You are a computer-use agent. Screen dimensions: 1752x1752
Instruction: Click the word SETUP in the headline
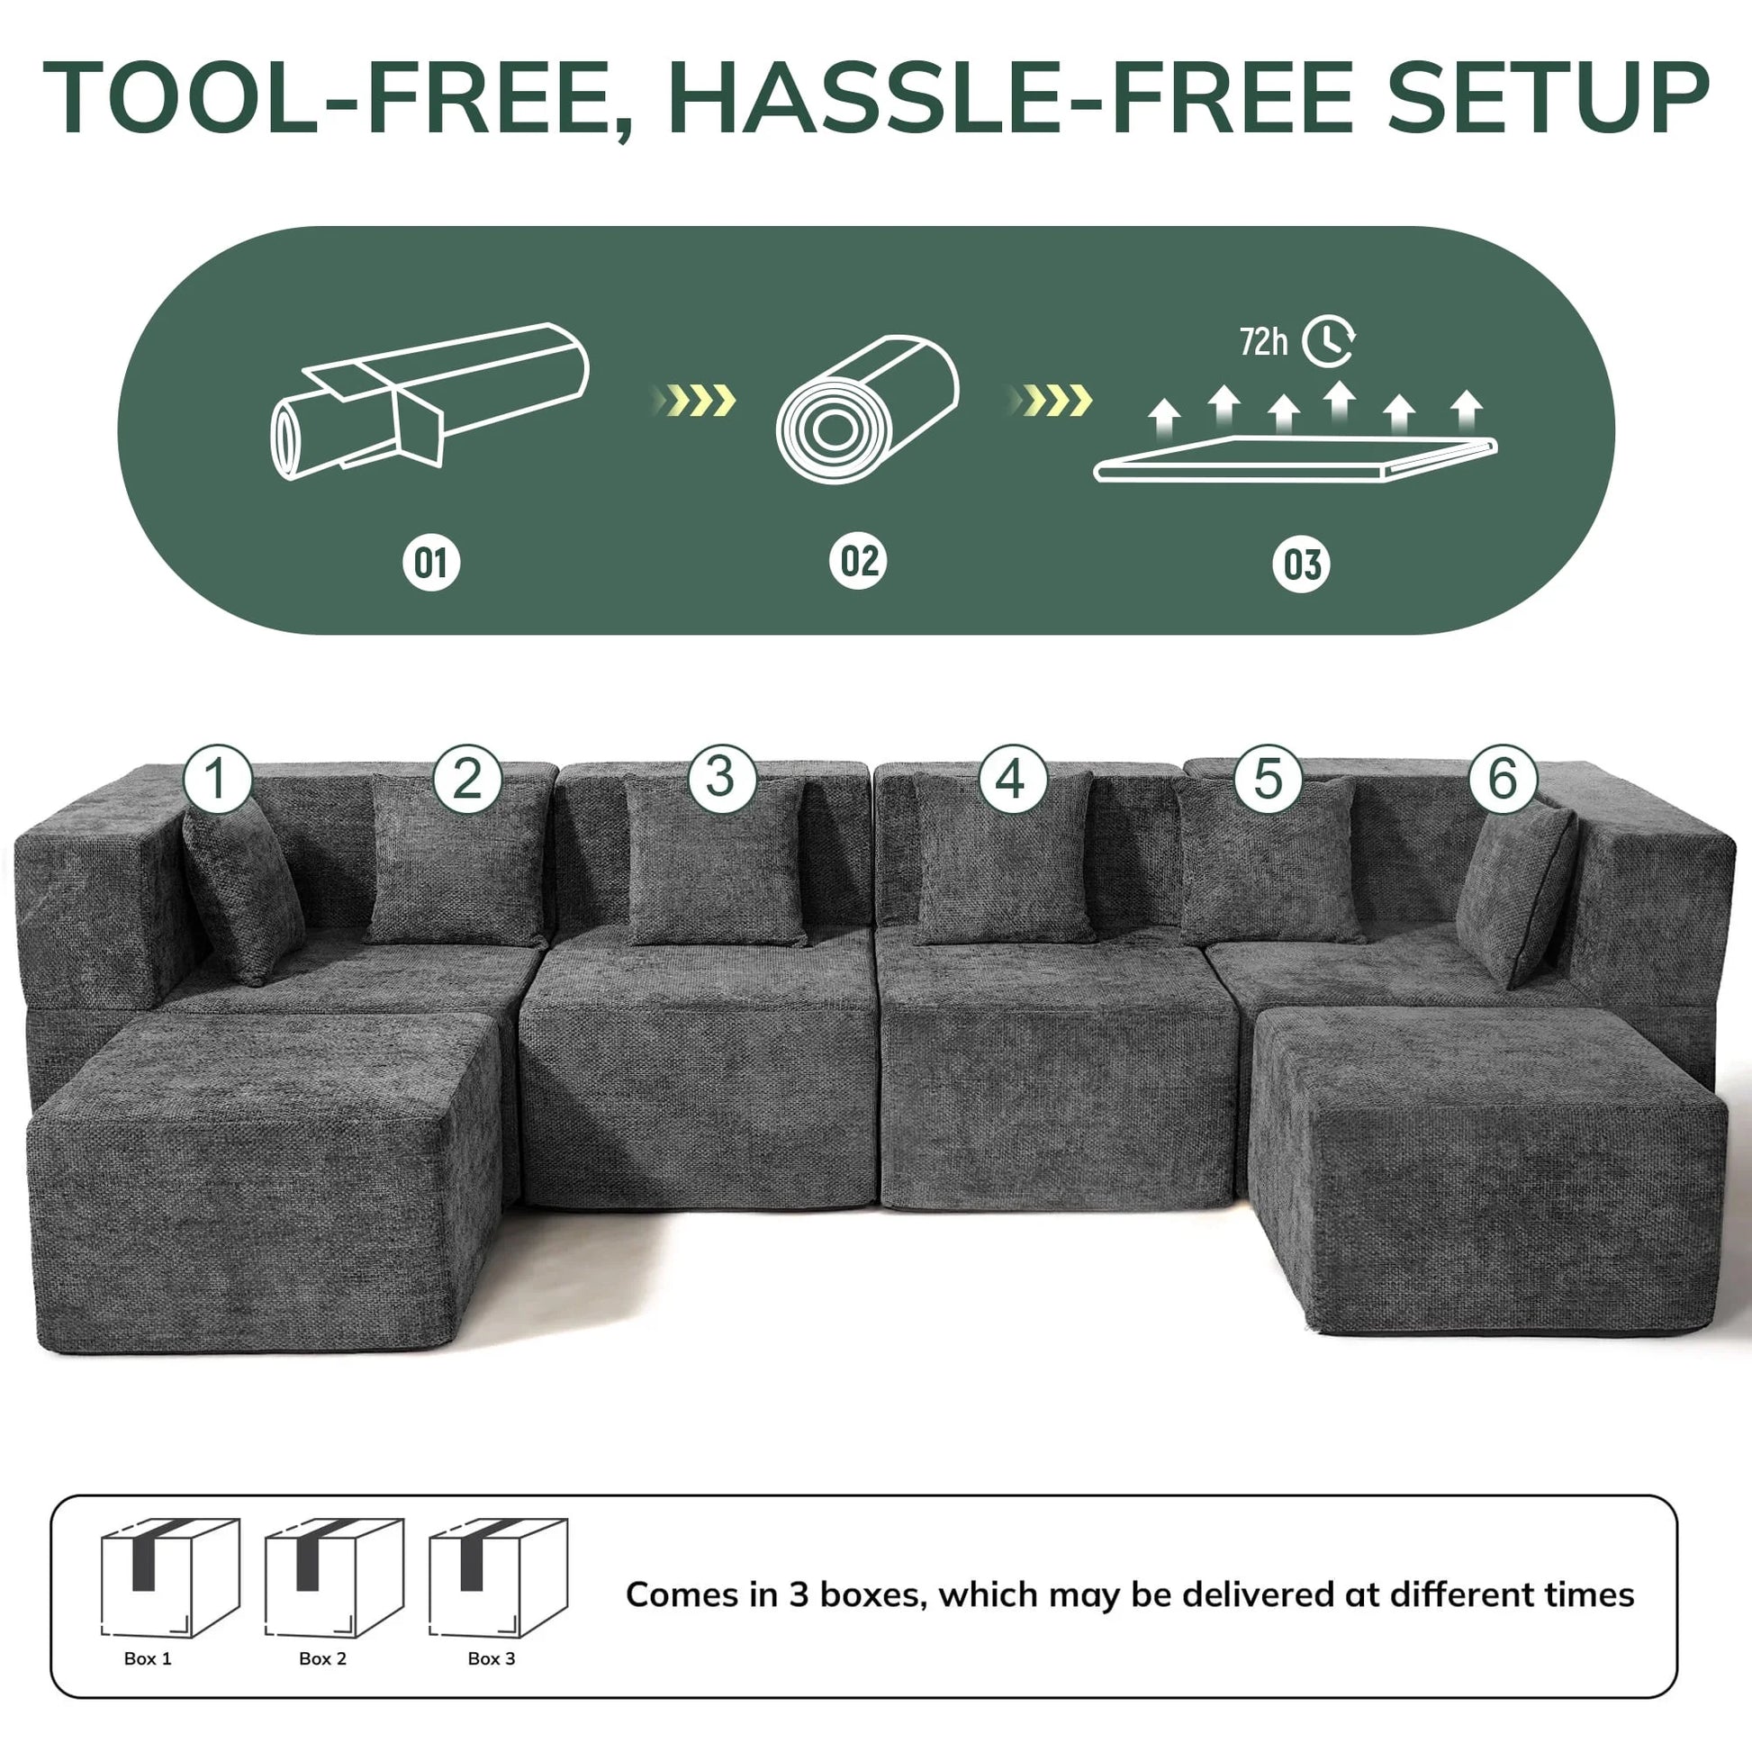pos(1547,98)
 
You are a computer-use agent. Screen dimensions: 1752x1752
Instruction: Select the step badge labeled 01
pos(430,564)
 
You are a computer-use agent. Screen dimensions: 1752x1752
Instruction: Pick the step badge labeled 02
pos(858,561)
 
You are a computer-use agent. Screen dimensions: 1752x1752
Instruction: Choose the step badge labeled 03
pos(1301,565)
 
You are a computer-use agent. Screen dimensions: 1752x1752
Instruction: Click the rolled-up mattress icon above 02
pos(867,409)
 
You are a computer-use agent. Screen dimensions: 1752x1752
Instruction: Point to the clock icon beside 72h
pos(1329,341)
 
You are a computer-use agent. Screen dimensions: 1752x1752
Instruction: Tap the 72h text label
pos(1263,343)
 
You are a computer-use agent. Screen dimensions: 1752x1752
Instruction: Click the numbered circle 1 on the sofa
pos(217,779)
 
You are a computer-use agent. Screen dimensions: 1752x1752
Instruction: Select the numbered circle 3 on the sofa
pos(721,777)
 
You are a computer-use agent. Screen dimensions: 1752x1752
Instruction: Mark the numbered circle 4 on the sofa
pos(1011,778)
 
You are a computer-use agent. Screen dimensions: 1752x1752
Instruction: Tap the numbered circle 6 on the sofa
pos(1503,778)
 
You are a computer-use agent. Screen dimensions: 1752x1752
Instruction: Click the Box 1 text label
pos(148,1658)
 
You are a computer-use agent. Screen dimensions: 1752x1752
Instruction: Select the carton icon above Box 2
pos(334,1579)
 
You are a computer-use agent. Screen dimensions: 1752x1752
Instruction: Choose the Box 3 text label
pos(492,1658)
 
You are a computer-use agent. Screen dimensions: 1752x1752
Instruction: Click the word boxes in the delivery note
pos(872,1595)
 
